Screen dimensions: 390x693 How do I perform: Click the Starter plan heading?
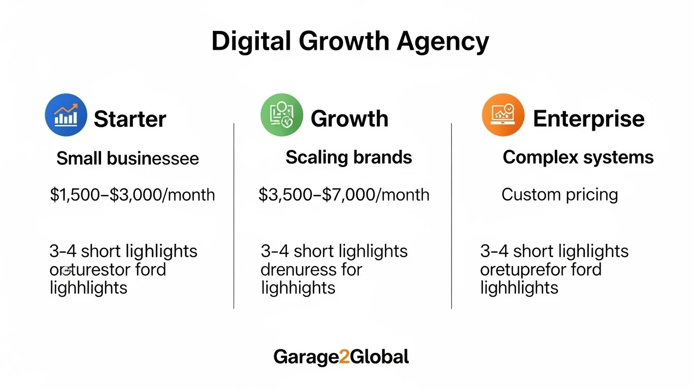(130, 119)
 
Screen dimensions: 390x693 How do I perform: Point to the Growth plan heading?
(349, 119)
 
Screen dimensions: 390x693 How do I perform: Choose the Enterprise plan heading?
(588, 119)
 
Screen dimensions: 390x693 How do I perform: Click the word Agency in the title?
(443, 42)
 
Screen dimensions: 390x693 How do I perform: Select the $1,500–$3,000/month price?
(133, 194)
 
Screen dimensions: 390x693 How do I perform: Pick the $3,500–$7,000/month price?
(344, 194)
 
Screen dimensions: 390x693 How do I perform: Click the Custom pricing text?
(559, 194)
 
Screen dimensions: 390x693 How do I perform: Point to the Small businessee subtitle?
(127, 158)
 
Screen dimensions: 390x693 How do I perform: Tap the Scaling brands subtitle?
(349, 157)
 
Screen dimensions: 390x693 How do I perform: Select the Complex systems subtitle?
(578, 157)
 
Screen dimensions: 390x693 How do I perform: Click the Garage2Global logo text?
(341, 357)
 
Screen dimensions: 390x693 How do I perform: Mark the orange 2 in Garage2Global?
(344, 357)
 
